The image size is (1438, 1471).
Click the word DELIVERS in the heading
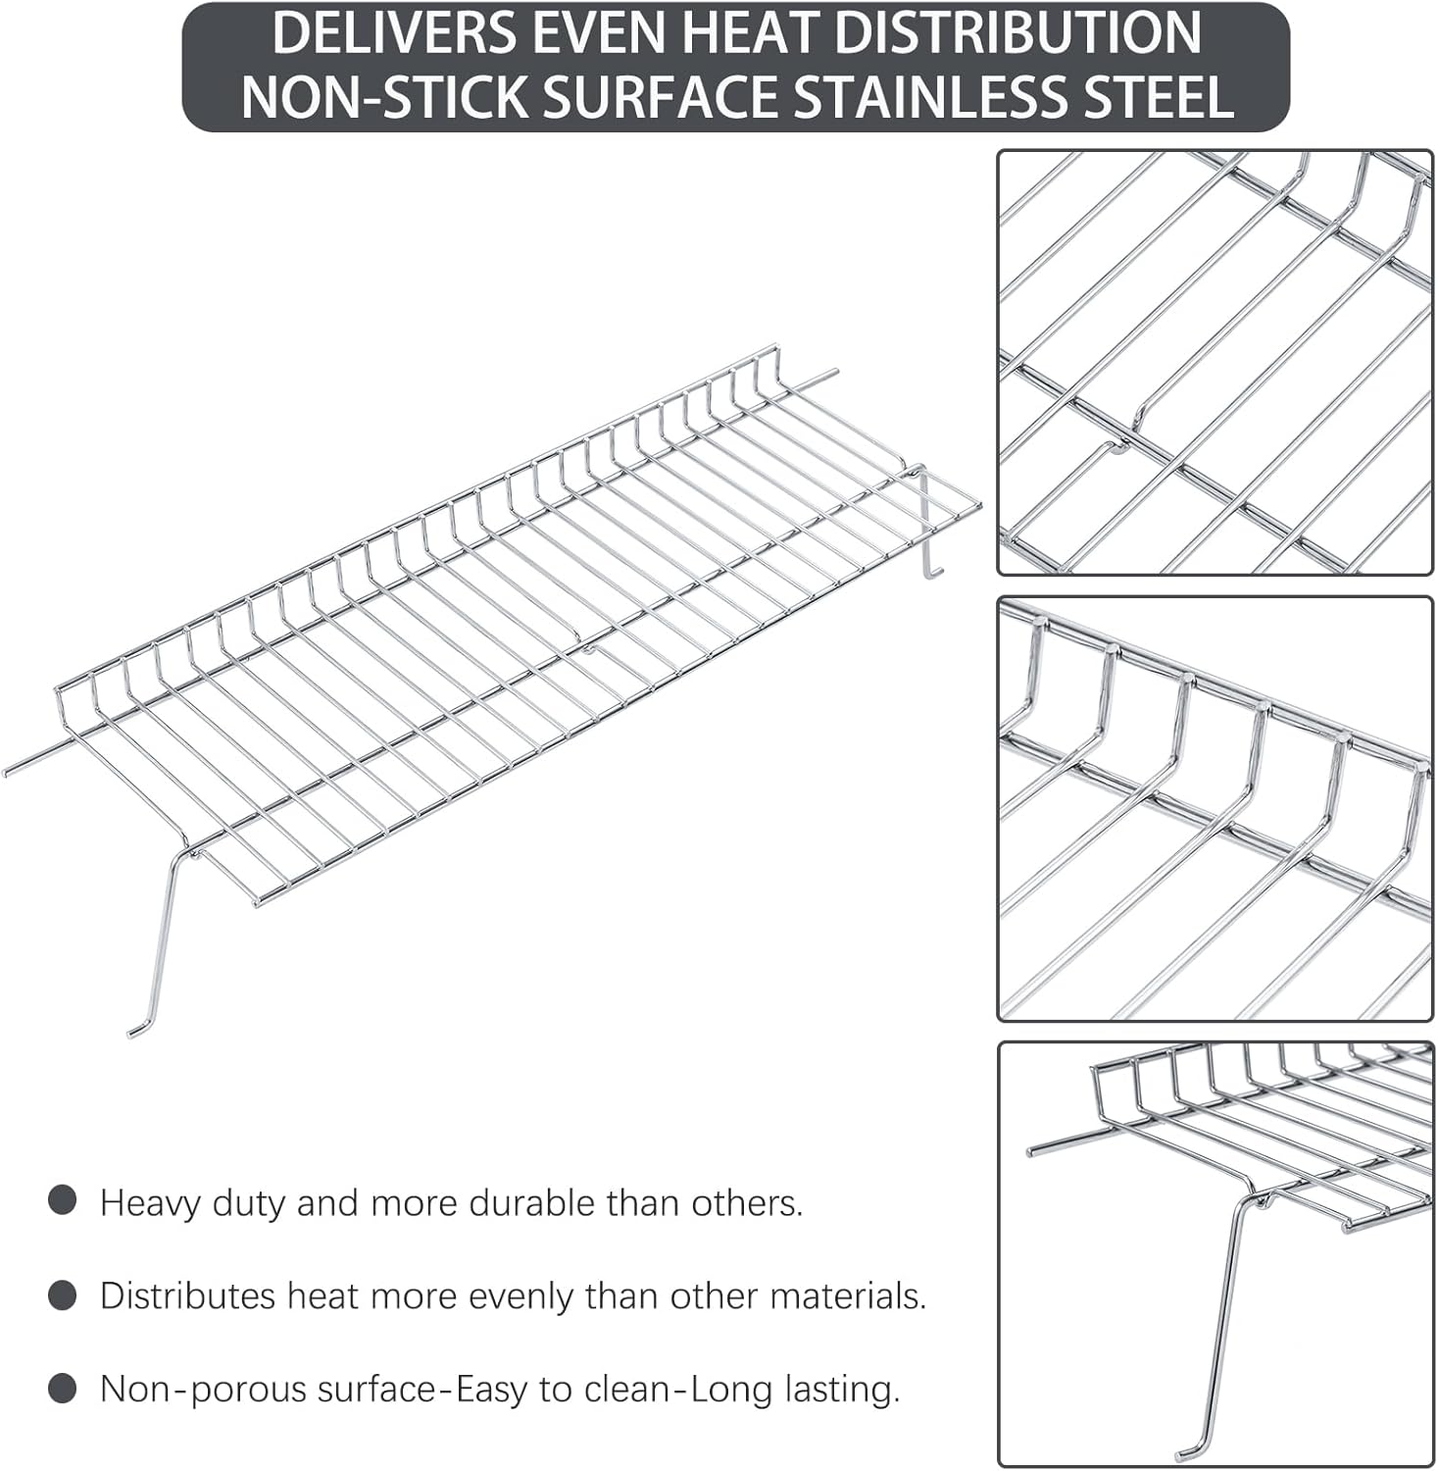[x=393, y=32]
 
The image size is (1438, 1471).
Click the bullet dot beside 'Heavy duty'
[x=63, y=1201]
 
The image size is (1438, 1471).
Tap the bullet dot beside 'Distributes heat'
[x=63, y=1295]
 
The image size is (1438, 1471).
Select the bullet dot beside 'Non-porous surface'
[x=63, y=1389]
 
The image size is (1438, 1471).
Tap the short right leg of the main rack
[x=924, y=530]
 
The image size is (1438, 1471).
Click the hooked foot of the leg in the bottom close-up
[x=1188, y=1448]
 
